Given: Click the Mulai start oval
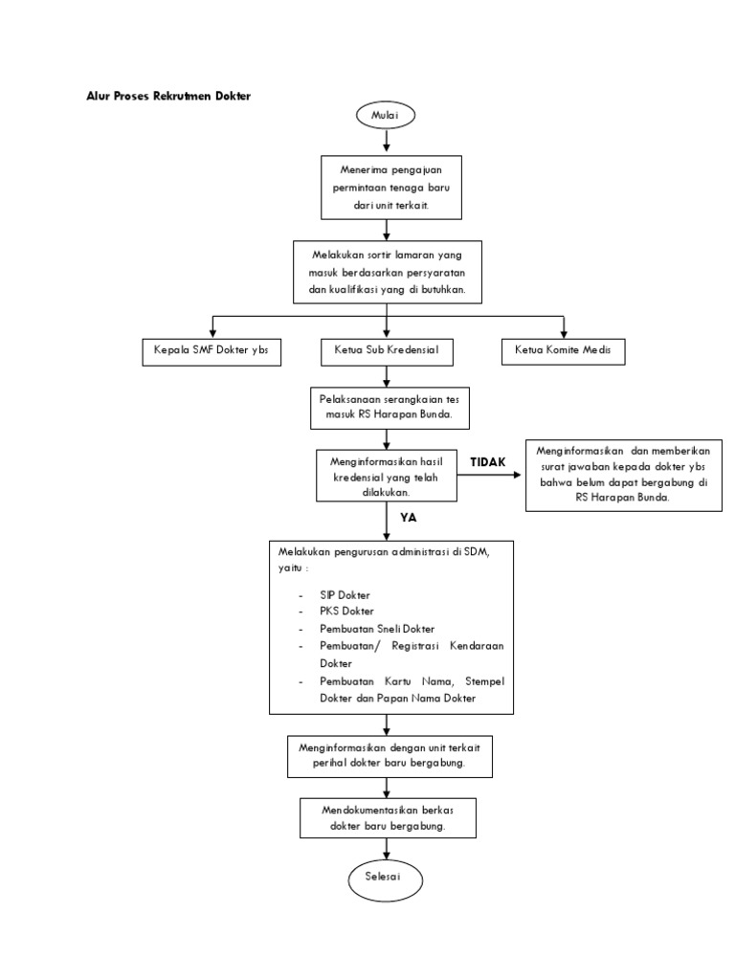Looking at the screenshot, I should pyautogui.click(x=386, y=116).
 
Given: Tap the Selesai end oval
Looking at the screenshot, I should pyautogui.click(x=386, y=877).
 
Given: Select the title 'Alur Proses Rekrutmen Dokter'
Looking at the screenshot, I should pyautogui.click(x=168, y=97).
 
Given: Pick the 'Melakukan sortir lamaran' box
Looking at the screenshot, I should pyautogui.click(x=387, y=273).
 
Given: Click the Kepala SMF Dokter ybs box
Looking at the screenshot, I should pyautogui.click(x=212, y=351).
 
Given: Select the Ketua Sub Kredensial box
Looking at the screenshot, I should pyautogui.click(x=387, y=351).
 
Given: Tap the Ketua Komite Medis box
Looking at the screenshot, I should pyautogui.click(x=564, y=351).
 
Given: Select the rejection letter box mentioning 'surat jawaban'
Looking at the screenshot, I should pyautogui.click(x=622, y=475).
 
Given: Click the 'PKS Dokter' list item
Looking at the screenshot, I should pyautogui.click(x=347, y=611).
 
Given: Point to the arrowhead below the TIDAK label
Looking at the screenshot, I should pyautogui.click(x=519, y=476).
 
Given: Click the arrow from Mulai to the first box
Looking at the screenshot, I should pyautogui.click(x=386, y=141).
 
